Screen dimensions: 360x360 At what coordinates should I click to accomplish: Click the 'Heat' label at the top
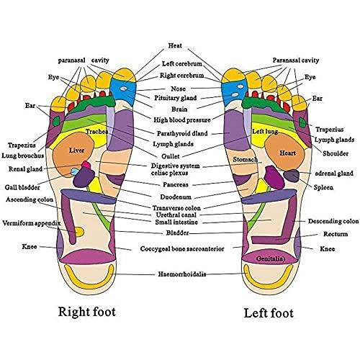coord(174,45)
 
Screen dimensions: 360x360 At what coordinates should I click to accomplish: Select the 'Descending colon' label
coord(333,221)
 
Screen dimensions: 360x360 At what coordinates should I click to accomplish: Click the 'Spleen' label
coord(324,187)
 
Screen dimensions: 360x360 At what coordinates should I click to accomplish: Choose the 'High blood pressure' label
coord(182,120)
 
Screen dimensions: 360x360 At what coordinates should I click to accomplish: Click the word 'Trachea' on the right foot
coord(96,132)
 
